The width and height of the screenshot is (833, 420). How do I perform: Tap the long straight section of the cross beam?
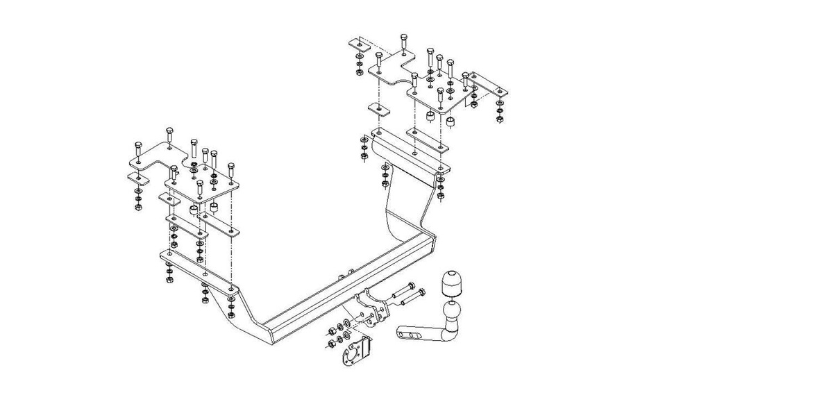click(340, 285)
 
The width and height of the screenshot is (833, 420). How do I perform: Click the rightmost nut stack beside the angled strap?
click(500, 111)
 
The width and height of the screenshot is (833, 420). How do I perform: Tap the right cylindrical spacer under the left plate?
click(214, 208)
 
